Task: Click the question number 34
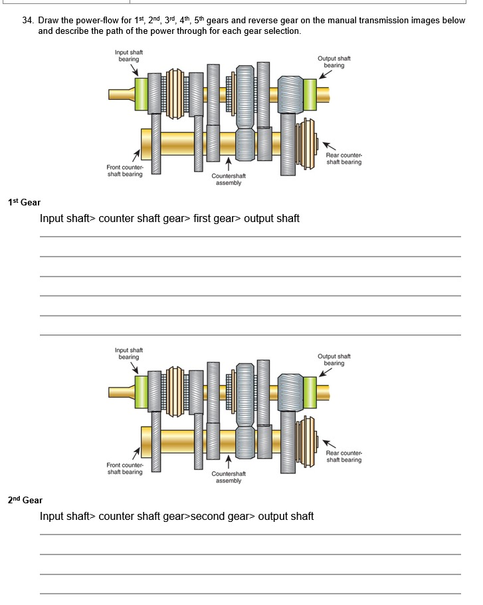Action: tap(27, 21)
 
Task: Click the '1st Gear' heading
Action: tap(24, 202)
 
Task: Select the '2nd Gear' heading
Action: tap(25, 500)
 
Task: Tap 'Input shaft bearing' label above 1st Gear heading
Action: tap(129, 56)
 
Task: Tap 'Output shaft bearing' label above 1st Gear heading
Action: tap(334, 62)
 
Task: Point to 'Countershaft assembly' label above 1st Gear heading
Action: tap(229, 180)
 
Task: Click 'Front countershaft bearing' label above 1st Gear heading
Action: tap(125, 171)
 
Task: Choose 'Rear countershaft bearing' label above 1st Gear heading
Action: tap(343, 158)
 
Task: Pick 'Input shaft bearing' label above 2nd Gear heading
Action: tap(129, 354)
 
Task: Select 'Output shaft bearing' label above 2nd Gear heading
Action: tap(334, 360)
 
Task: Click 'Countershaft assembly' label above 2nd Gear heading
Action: tap(229, 477)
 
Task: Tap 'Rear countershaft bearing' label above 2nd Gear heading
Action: tap(343, 456)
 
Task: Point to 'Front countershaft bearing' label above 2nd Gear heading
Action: tap(125, 469)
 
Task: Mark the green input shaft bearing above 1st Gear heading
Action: tap(141, 94)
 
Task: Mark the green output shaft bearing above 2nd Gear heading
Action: tap(310, 392)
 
